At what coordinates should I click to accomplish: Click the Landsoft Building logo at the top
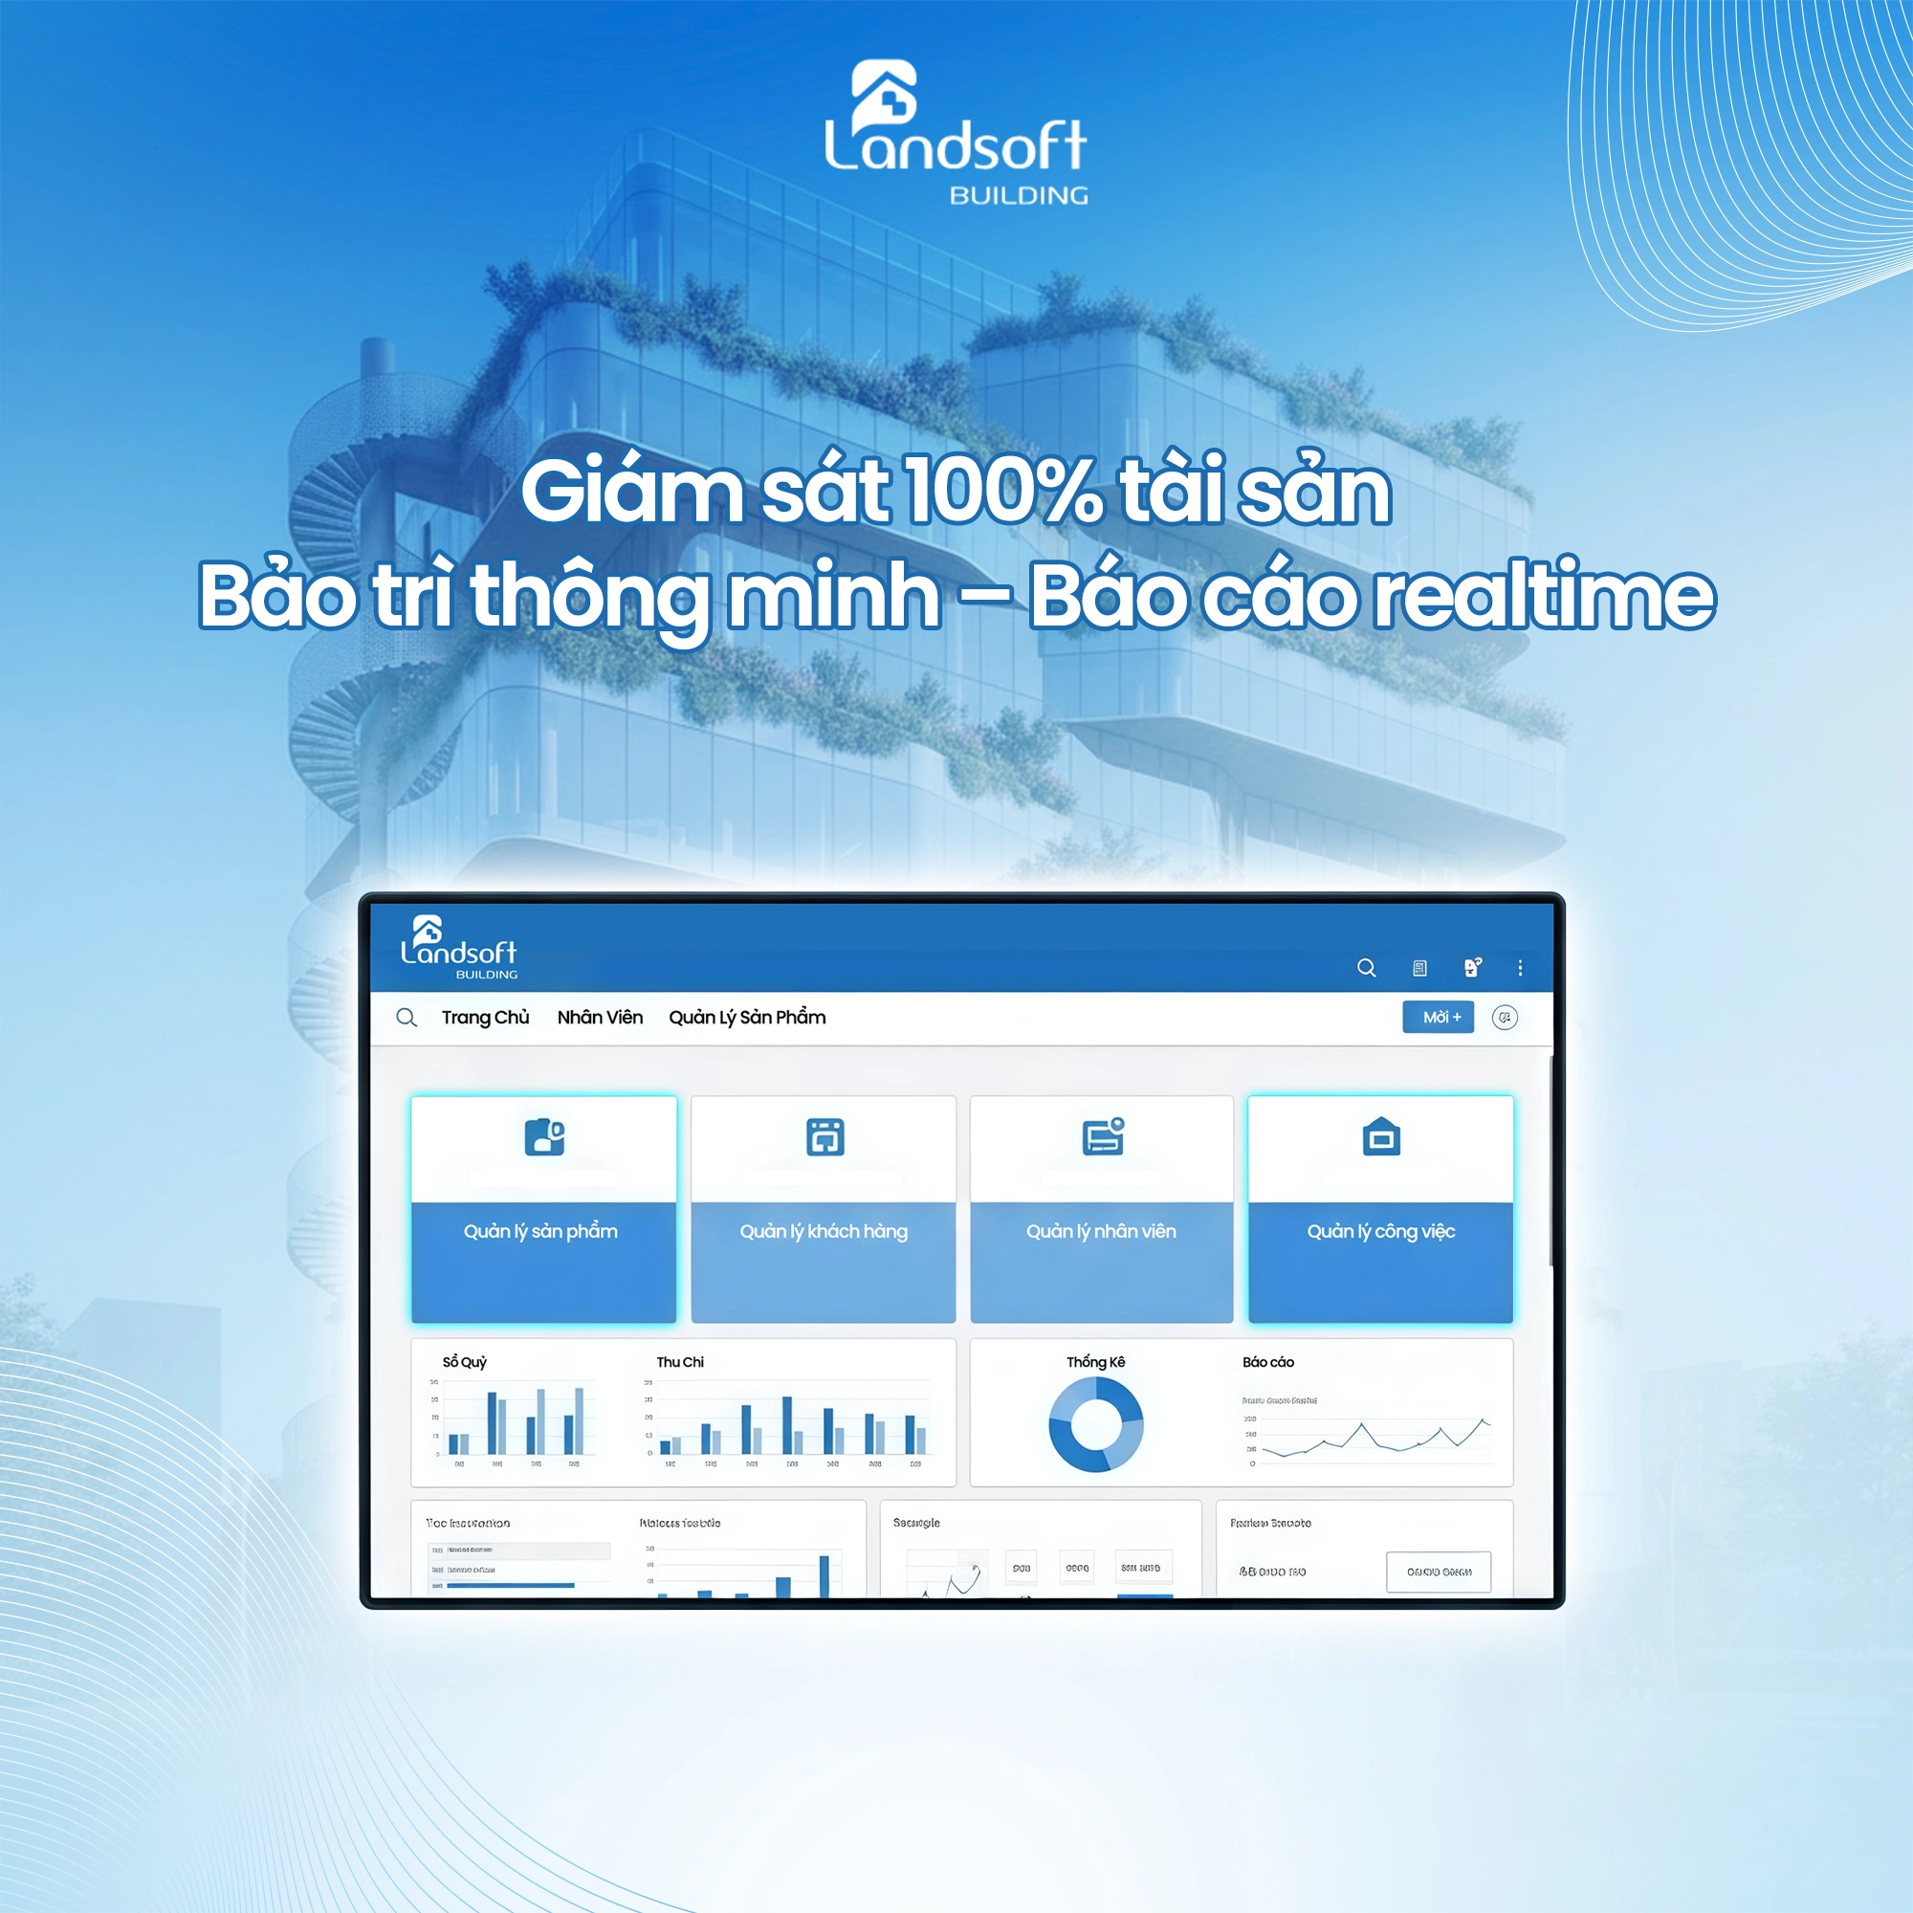956,134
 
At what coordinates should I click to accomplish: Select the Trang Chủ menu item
485,1017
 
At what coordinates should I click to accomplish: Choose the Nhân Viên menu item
599,1017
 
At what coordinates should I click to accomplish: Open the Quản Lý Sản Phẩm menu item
747,1017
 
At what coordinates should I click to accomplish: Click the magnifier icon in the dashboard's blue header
1366,967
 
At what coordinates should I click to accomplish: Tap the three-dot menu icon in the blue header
1520,967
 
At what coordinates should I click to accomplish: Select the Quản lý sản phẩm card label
540,1231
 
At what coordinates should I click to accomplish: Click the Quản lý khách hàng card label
823,1231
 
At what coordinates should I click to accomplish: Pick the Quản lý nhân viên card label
1101,1231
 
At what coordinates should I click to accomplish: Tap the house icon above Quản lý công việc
1380,1136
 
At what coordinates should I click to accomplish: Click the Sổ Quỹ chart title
465,1361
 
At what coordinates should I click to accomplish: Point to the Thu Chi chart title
679,1361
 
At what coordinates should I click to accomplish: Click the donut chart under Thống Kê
1095,1425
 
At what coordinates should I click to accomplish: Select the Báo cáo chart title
1267,1361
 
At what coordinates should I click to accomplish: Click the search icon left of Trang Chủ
406,1017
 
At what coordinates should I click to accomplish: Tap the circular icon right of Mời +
1504,1017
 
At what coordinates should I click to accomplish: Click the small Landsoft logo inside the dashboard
457,947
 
